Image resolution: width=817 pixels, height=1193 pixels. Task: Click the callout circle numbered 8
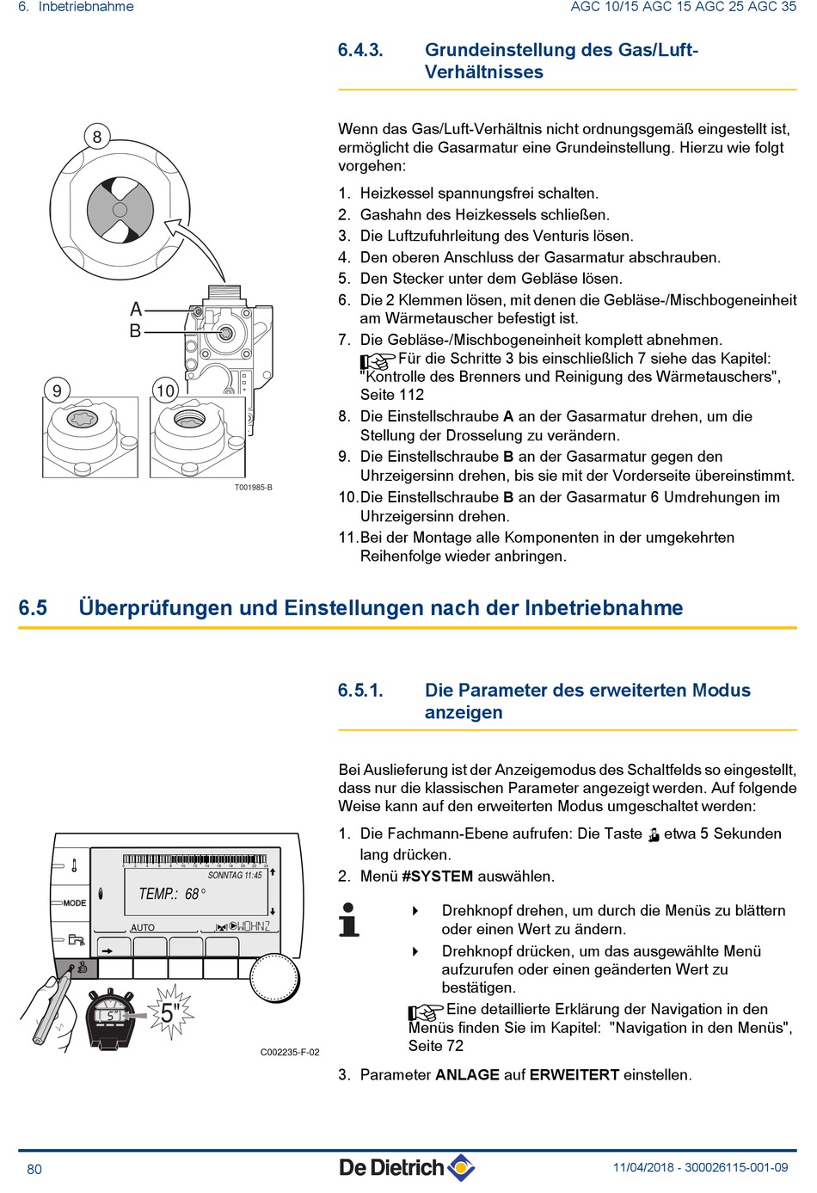pos(97,137)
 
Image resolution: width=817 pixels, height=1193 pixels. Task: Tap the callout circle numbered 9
pos(57,390)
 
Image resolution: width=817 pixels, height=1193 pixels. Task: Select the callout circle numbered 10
pos(165,390)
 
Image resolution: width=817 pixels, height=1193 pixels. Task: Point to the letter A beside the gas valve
pos(136,309)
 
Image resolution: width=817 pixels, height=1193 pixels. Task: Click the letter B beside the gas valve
pos(135,330)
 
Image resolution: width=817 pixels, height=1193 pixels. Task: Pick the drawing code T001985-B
pos(253,488)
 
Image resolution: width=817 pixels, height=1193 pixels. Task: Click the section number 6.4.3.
pos(360,50)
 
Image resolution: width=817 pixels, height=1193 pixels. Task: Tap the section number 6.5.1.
pos(360,690)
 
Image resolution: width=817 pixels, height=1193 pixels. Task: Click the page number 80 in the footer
pos(34,1169)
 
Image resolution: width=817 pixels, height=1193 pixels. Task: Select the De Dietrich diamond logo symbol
pos(461,1167)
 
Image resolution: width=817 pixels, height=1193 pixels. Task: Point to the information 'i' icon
pos(349,919)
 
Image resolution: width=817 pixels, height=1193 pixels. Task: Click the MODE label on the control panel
pos(74,903)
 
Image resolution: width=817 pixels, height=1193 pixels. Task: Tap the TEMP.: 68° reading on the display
pos(172,895)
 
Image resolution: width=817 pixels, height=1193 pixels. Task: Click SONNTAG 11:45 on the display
pos(235,876)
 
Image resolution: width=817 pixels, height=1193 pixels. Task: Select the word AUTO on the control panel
pos(143,927)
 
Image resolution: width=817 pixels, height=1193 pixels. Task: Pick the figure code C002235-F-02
pos(290,1052)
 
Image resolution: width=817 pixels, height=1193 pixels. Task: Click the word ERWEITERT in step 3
pos(574,1075)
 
